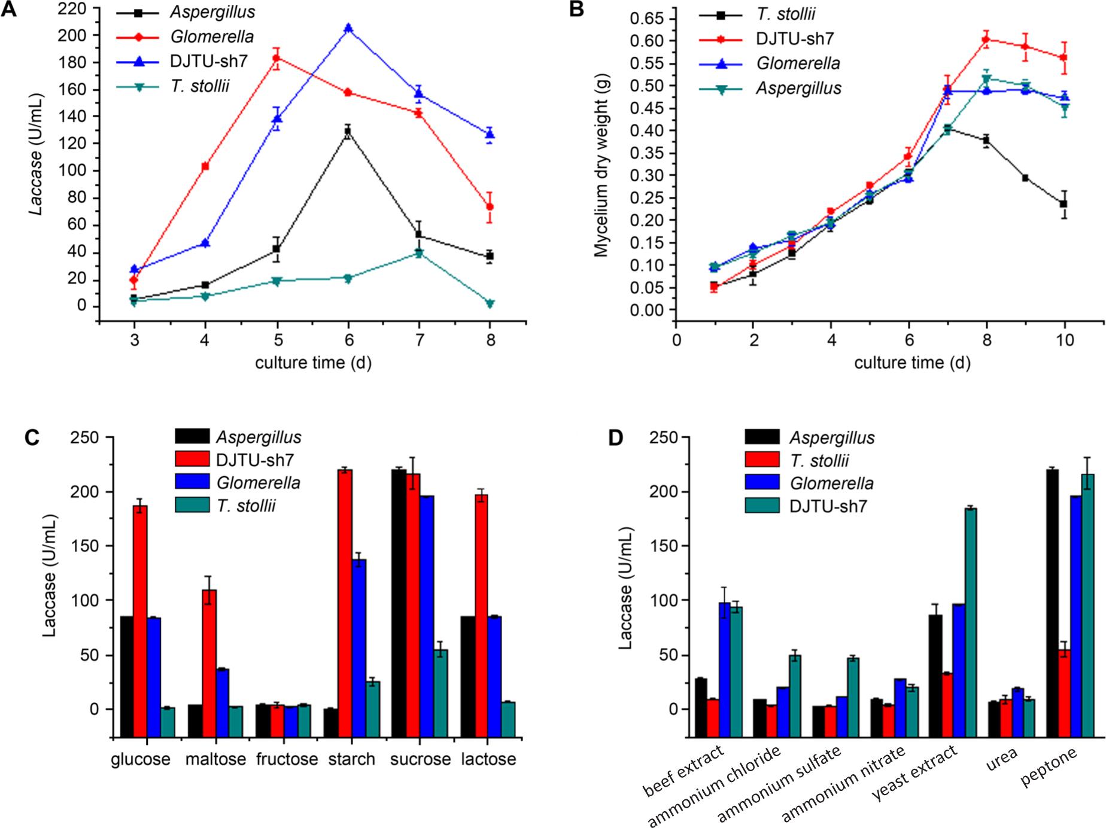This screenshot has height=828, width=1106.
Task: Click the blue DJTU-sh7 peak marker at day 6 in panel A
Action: tap(348, 28)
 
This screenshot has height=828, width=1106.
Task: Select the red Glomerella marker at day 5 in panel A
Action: tap(276, 58)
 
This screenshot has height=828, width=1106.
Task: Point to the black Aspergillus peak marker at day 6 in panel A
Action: tap(348, 130)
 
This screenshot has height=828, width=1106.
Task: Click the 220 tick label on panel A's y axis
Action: tap(76, 8)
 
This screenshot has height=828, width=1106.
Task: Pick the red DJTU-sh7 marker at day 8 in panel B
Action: tap(986, 39)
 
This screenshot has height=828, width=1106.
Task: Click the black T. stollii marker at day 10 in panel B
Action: tap(1064, 204)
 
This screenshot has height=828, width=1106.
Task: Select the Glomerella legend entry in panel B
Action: tap(797, 64)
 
